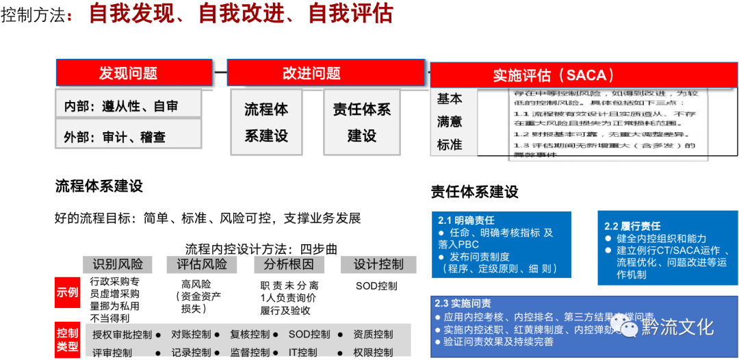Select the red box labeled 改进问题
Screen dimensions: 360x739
311,73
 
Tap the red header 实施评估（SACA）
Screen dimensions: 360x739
554,75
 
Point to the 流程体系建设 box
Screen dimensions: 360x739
266,123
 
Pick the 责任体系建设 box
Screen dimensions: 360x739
361,123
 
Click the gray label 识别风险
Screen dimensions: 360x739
118,264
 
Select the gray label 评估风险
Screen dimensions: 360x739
202,264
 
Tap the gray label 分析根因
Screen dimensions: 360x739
289,264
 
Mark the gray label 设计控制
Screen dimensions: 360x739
378,264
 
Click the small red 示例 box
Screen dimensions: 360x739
67,292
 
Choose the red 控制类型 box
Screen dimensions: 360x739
67,340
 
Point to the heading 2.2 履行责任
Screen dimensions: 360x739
632,226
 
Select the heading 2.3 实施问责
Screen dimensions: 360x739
463,303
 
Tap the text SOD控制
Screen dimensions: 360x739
309,335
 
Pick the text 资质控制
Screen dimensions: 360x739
373,335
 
